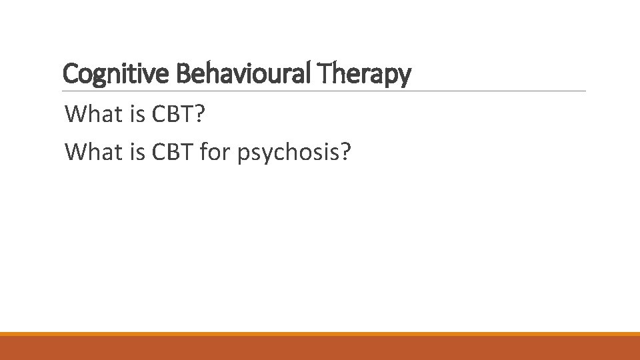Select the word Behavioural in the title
tap(245, 74)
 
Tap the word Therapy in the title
tap(365, 74)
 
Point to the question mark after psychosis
tap(344, 153)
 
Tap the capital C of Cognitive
tap(69, 74)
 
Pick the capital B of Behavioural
tap(183, 74)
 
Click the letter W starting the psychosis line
tap(75, 153)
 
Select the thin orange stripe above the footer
tap(320, 334)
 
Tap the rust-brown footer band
tap(320, 348)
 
